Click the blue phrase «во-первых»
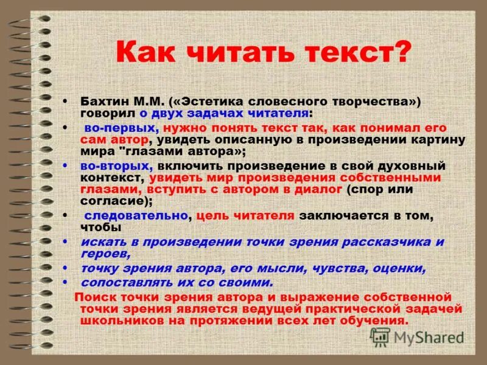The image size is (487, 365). tap(119, 128)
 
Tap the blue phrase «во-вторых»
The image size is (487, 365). tap(114, 165)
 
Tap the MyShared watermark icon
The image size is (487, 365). tap(380, 336)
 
